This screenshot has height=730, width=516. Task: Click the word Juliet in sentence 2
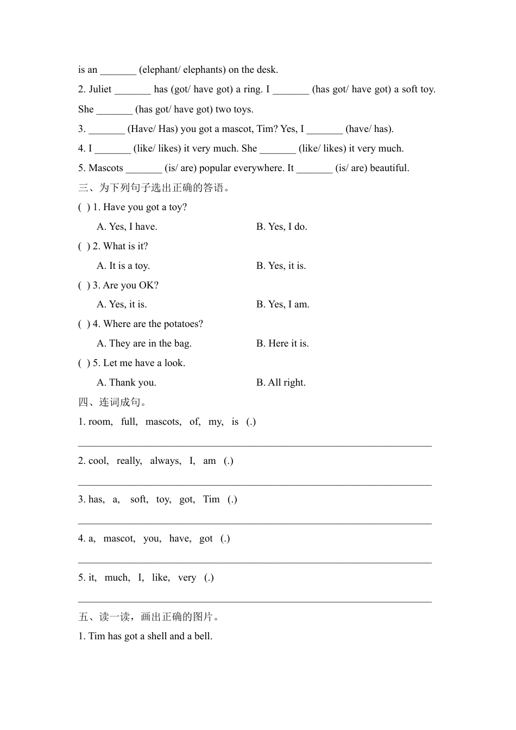(100, 90)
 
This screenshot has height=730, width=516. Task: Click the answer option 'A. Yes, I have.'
(127, 226)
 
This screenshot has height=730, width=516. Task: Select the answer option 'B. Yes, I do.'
(282, 226)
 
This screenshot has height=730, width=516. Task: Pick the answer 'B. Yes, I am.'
(283, 304)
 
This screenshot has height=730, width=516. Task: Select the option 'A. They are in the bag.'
(144, 343)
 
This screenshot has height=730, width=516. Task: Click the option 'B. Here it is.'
(282, 343)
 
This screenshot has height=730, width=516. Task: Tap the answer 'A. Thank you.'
(127, 382)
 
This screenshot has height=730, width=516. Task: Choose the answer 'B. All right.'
(281, 382)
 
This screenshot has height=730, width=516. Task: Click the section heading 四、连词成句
(113, 402)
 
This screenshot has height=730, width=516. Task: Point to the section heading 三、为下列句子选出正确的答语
(154, 188)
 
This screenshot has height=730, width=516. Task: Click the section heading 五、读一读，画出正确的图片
(149, 616)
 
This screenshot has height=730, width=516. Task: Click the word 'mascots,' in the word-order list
(163, 421)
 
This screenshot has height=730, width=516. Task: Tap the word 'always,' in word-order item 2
(166, 461)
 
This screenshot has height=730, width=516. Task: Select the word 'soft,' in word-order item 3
(139, 499)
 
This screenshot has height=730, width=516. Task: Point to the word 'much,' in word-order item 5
(117, 577)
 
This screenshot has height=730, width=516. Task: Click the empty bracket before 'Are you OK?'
(84, 285)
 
